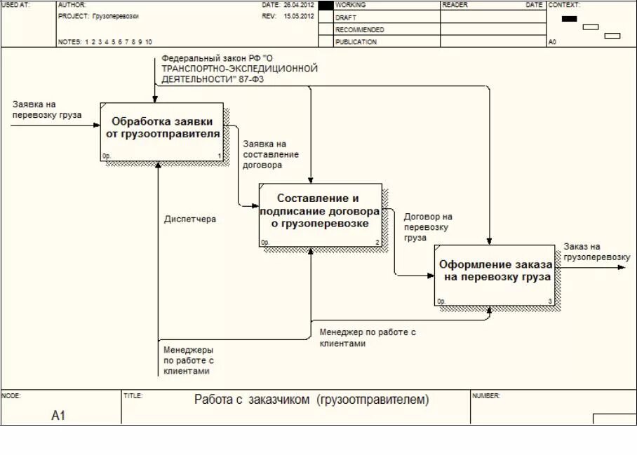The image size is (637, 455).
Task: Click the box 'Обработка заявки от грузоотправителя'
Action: [162, 132]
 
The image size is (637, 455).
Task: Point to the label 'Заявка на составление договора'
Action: [270, 154]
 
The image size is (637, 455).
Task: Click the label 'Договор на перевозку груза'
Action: [428, 227]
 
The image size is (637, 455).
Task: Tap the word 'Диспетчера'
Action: [190, 219]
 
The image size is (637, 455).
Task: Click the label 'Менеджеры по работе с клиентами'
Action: [189, 360]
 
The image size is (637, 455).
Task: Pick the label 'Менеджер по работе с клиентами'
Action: [368, 337]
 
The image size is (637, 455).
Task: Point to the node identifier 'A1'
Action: [58, 416]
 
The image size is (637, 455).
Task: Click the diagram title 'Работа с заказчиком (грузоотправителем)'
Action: [311, 400]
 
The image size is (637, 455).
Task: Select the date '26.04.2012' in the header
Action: [299, 5]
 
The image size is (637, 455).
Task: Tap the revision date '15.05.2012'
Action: [299, 15]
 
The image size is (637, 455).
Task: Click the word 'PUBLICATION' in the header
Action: [356, 42]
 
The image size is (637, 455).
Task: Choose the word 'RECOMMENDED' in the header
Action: [360, 30]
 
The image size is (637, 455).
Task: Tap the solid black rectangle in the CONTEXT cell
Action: [569, 19]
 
